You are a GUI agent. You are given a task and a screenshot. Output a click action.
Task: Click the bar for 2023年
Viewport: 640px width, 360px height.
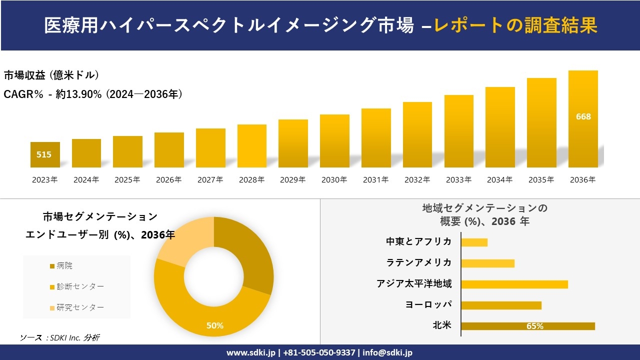(45, 155)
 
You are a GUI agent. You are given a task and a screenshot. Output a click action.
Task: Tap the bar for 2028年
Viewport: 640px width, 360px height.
(251, 146)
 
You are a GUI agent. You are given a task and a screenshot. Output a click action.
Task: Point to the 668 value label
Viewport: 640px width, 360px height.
(583, 116)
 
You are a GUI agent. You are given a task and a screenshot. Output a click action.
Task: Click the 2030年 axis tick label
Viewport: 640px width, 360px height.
(334, 180)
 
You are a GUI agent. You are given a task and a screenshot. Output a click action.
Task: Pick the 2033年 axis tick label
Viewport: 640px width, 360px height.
(458, 180)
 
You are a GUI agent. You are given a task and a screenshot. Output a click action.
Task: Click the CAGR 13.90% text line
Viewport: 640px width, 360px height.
(93, 94)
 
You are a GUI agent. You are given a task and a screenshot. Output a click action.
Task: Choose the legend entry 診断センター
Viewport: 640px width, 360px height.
(80, 286)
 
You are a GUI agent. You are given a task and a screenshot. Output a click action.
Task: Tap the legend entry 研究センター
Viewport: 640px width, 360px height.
(80, 307)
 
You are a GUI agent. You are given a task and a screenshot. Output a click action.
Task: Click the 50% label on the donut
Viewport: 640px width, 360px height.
(214, 325)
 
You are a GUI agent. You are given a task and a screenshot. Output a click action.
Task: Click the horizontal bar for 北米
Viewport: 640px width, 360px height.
(527, 326)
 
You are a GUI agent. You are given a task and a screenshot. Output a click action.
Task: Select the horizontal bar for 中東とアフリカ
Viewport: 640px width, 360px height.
(474, 242)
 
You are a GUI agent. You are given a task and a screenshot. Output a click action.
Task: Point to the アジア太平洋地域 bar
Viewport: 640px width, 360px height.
(514, 284)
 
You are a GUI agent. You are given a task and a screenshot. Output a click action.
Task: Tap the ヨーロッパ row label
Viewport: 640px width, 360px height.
(428, 304)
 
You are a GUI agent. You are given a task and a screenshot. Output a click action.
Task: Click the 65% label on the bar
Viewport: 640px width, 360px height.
(534, 326)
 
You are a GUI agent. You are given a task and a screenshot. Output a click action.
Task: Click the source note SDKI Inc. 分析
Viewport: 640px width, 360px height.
(60, 337)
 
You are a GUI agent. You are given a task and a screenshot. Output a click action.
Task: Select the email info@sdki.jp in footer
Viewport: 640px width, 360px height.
(387, 352)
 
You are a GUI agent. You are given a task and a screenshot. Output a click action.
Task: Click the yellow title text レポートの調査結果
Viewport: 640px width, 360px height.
(515, 25)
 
